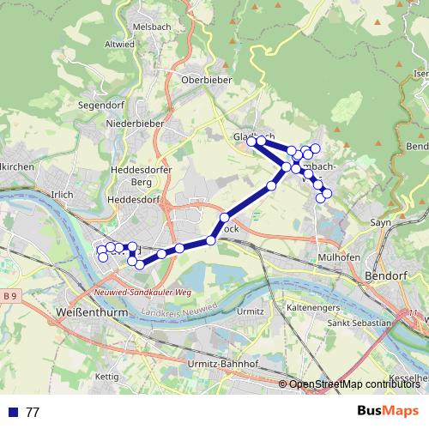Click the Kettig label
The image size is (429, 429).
(x=107, y=377)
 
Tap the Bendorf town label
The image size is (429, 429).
(x=384, y=277)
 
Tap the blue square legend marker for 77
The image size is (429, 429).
(x=14, y=412)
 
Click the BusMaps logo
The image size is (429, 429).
(x=389, y=411)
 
